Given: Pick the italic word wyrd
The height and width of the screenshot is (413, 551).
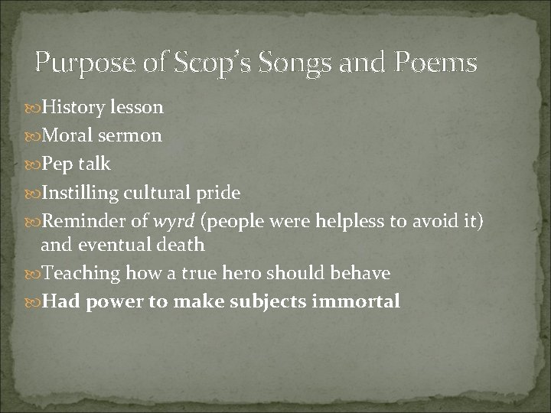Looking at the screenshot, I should coord(177,220).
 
